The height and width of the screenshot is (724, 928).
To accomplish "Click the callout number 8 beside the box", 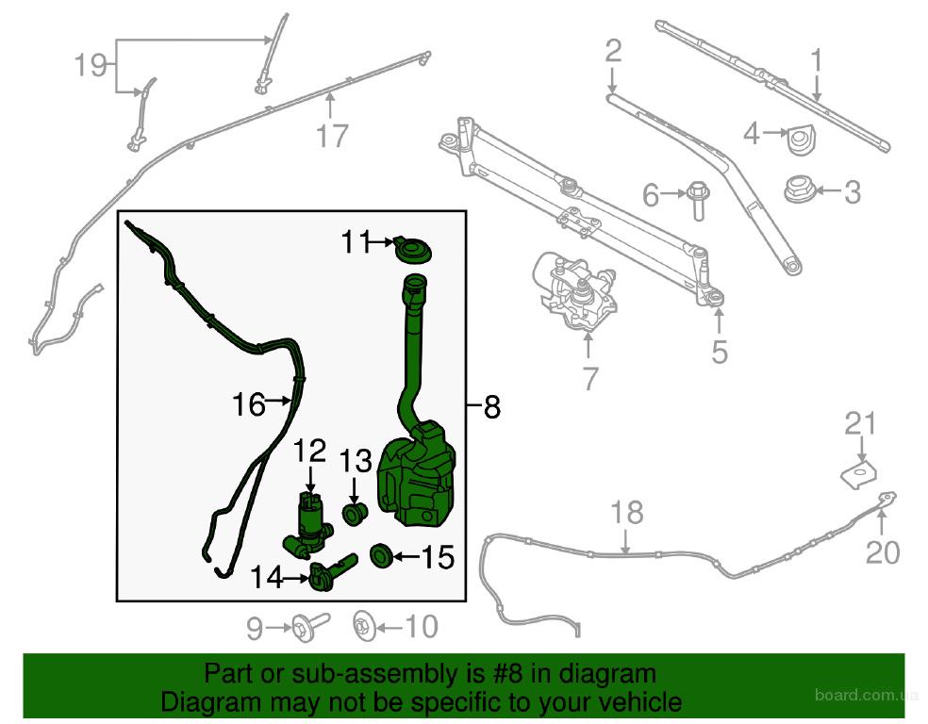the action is pyautogui.click(x=492, y=407).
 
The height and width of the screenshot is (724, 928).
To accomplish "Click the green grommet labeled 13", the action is pyautogui.click(x=356, y=512).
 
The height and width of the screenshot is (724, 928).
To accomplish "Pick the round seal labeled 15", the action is pyautogui.click(x=381, y=555).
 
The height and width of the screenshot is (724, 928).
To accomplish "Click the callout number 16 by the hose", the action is pyautogui.click(x=249, y=404).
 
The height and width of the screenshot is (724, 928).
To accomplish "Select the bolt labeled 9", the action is pyautogui.click(x=310, y=624).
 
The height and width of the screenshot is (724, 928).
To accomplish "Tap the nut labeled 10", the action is pyautogui.click(x=362, y=626).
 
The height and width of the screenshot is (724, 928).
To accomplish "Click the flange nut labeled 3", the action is pyautogui.click(x=799, y=189).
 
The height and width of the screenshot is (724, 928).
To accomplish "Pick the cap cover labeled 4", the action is pyautogui.click(x=801, y=140).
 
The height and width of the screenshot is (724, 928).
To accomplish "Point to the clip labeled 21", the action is pyautogui.click(x=859, y=474).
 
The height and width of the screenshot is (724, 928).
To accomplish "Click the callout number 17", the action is pyautogui.click(x=332, y=136).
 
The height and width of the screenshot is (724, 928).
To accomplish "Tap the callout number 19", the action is pyautogui.click(x=90, y=64).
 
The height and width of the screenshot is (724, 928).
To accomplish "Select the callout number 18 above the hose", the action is pyautogui.click(x=626, y=512).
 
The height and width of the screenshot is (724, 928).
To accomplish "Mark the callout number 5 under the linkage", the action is pyautogui.click(x=719, y=352).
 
